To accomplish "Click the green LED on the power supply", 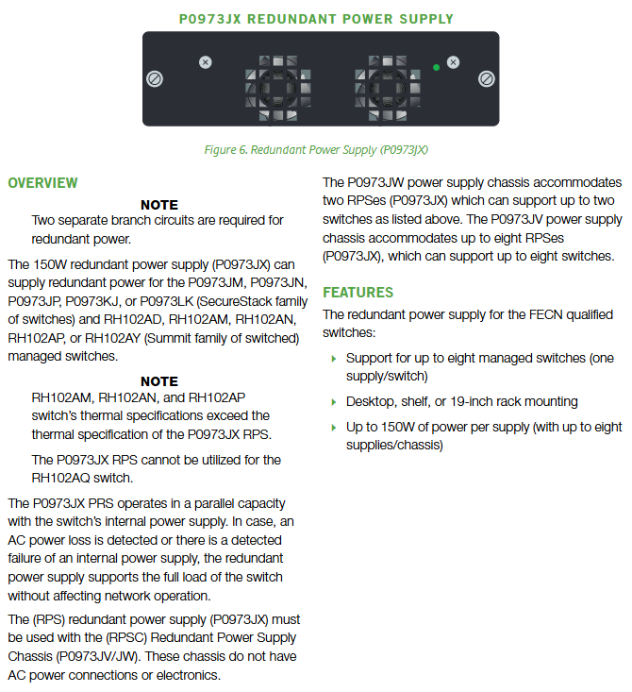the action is [x=436, y=68].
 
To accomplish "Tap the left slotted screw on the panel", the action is [x=155, y=79].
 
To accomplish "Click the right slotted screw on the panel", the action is [x=487, y=79].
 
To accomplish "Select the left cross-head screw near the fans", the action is [x=205, y=62].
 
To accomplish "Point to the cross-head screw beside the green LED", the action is [x=453, y=62].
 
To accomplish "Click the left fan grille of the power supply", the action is [x=278, y=88].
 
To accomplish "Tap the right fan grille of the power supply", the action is [x=388, y=88].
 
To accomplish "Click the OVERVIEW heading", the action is [x=42, y=183].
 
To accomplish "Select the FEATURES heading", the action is [x=358, y=292].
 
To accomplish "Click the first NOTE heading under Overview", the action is [x=159, y=205].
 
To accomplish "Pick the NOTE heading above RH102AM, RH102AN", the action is [x=159, y=381].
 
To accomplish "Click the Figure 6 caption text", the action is [x=316, y=150].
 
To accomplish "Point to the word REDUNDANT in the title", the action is [x=291, y=19].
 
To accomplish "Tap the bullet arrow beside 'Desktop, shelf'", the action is [x=334, y=402].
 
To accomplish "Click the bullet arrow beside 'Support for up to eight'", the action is [x=334, y=359].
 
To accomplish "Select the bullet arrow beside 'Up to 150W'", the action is [x=334, y=428].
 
